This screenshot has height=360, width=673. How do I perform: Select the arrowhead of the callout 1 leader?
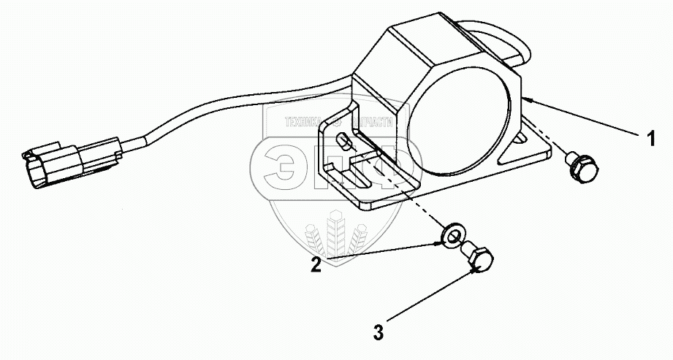[x=528, y=97]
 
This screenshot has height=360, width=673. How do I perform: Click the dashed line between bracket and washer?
[x=409, y=197]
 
